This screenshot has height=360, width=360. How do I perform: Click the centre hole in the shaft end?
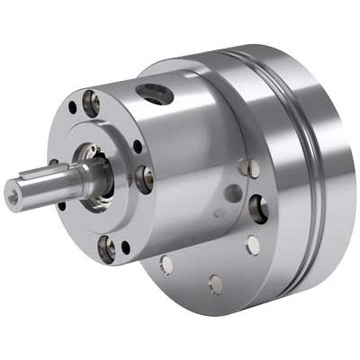pyautogui.click(x=12, y=191)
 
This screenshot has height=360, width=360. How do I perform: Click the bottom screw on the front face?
pyautogui.click(x=106, y=245)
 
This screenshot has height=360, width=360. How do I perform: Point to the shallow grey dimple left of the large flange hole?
pyautogui.click(x=232, y=192)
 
